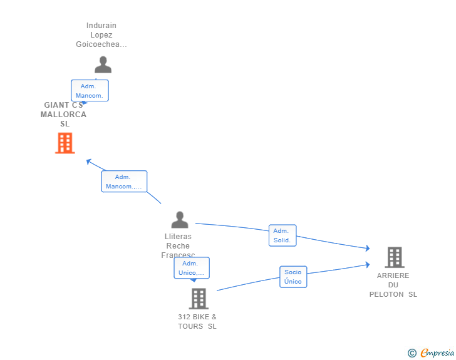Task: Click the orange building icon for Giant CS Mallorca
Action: click(65, 143)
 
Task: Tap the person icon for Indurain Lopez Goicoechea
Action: click(103, 64)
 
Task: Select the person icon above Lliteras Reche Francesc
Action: click(180, 220)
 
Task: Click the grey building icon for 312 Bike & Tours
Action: click(199, 299)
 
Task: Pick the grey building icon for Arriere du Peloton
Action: click(394, 257)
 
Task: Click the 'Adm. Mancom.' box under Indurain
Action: click(90, 91)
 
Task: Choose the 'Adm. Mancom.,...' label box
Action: click(124, 182)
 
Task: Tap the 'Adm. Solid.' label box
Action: click(282, 235)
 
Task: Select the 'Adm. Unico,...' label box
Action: click(192, 268)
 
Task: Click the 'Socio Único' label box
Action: click(293, 277)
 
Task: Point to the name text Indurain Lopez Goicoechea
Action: click(101, 35)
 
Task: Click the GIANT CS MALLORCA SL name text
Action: click(63, 115)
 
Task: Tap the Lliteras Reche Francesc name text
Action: click(178, 245)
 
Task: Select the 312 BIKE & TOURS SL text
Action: click(197, 321)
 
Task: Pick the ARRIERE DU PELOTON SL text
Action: click(393, 285)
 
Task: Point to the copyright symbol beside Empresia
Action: click(412, 353)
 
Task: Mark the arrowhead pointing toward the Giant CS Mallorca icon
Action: click(88, 161)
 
